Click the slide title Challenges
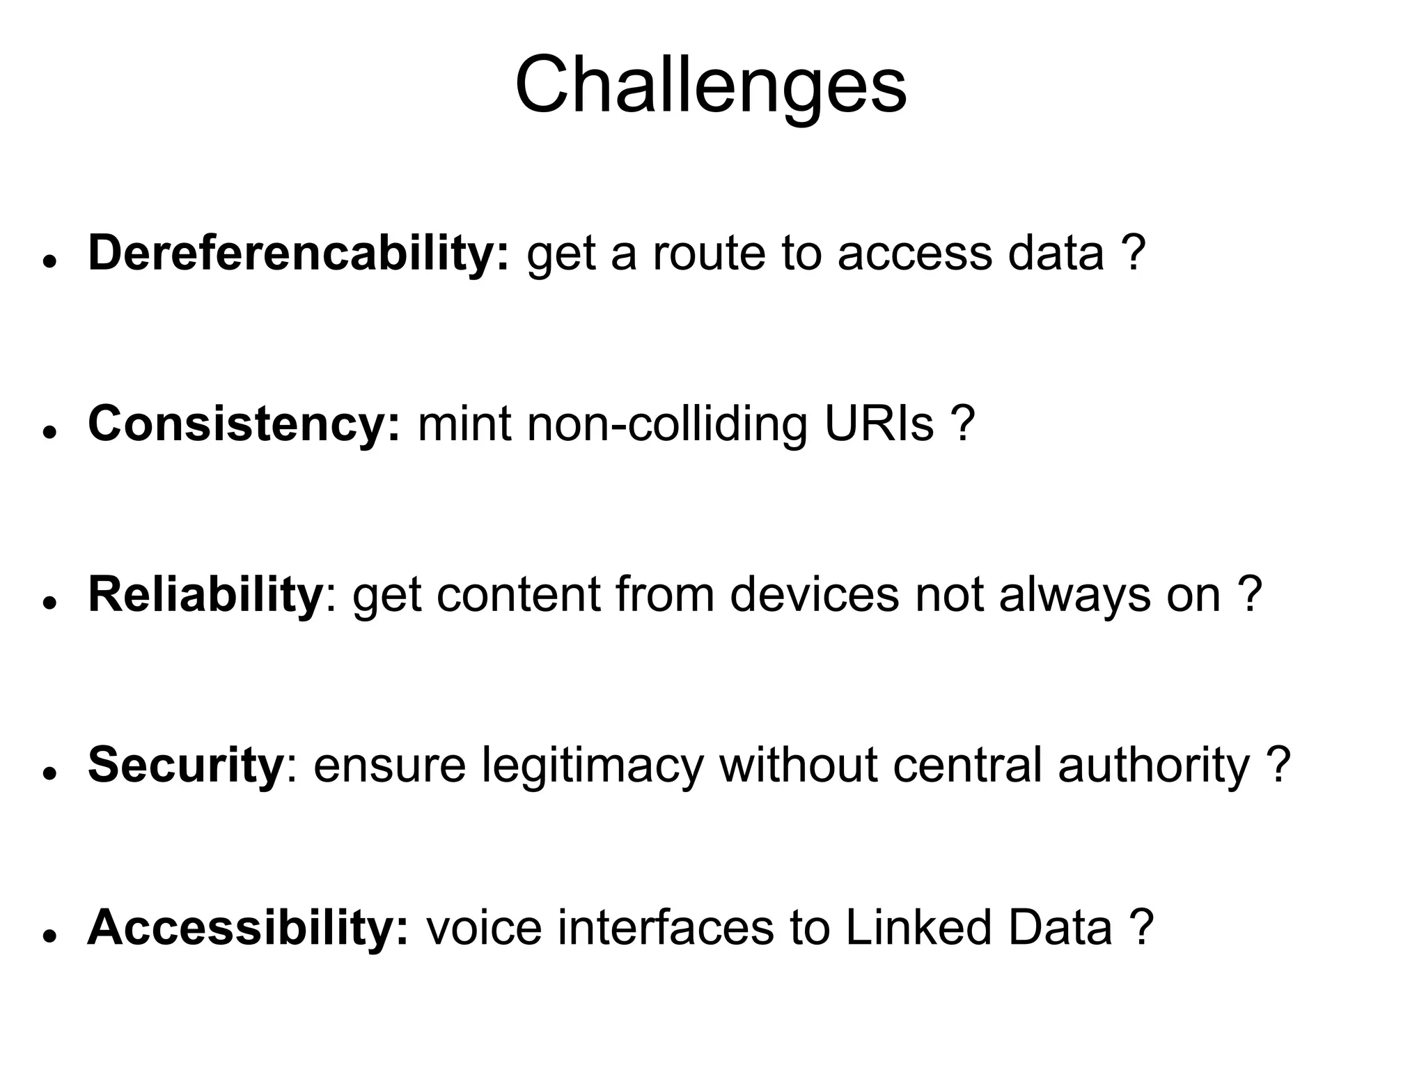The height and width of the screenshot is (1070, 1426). click(711, 86)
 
